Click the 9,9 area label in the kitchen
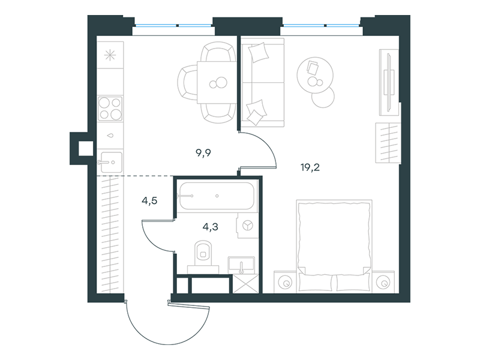203,153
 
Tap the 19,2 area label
310,167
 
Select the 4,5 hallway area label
149,201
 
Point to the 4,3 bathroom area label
211,227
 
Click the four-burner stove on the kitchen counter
110,108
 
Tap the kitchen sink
110,162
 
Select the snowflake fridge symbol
110,55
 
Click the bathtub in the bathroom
216,196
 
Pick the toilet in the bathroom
203,257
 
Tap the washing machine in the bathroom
247,226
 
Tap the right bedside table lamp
382,283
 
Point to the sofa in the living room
263,83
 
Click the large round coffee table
315,76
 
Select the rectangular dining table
217,82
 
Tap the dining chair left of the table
187,82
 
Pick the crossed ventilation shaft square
246,284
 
